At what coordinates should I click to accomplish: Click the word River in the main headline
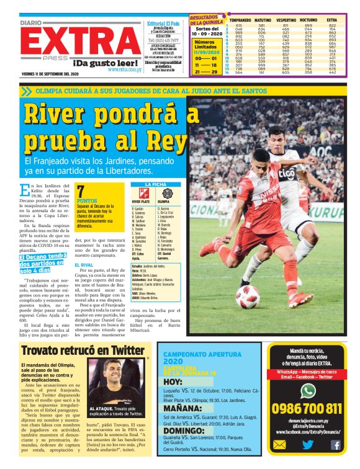[x=62, y=116]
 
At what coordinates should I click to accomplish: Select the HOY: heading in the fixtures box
[x=173, y=382]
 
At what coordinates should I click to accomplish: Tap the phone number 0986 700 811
[x=306, y=408]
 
